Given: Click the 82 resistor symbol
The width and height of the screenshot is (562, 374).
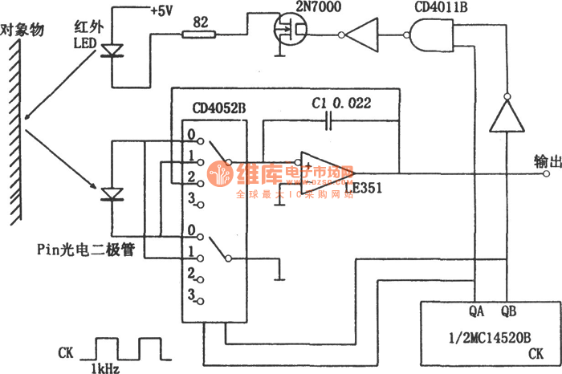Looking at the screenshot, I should (198, 34).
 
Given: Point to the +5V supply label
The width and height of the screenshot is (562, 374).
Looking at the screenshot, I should (187, 12).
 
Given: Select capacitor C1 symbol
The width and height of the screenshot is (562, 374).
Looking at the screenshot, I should (328, 123).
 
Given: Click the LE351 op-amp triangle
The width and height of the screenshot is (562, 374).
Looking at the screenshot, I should (322, 169).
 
